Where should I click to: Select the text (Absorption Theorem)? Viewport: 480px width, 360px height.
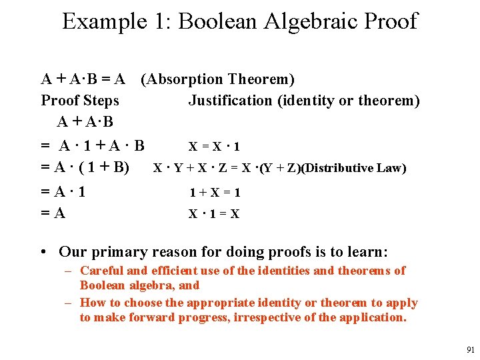217,79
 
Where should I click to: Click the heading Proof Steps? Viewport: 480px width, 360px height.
80,101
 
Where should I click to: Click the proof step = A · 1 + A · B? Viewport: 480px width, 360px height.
93,146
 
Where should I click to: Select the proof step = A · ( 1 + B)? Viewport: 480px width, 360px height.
85,167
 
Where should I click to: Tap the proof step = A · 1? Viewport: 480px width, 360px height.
63,193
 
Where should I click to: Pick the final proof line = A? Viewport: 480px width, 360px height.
53,213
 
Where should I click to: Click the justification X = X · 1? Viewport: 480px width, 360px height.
214,147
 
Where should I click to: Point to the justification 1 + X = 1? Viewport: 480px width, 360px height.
214,193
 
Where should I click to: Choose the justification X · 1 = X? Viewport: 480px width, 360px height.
214,214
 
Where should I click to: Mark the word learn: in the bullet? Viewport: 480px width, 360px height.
366,252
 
